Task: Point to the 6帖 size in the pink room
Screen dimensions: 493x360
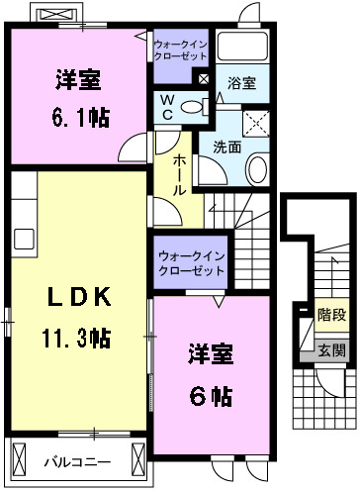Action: coord(210,397)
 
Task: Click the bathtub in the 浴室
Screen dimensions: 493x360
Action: coord(242,47)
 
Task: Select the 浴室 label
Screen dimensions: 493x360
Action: coord(240,85)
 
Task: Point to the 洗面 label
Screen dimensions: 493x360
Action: coord(226,147)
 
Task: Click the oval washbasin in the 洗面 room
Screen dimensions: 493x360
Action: coord(256,170)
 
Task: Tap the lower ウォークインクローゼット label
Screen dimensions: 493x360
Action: coord(190,264)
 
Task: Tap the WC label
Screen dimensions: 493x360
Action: coord(166,106)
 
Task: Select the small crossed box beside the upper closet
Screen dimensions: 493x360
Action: coord(202,78)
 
